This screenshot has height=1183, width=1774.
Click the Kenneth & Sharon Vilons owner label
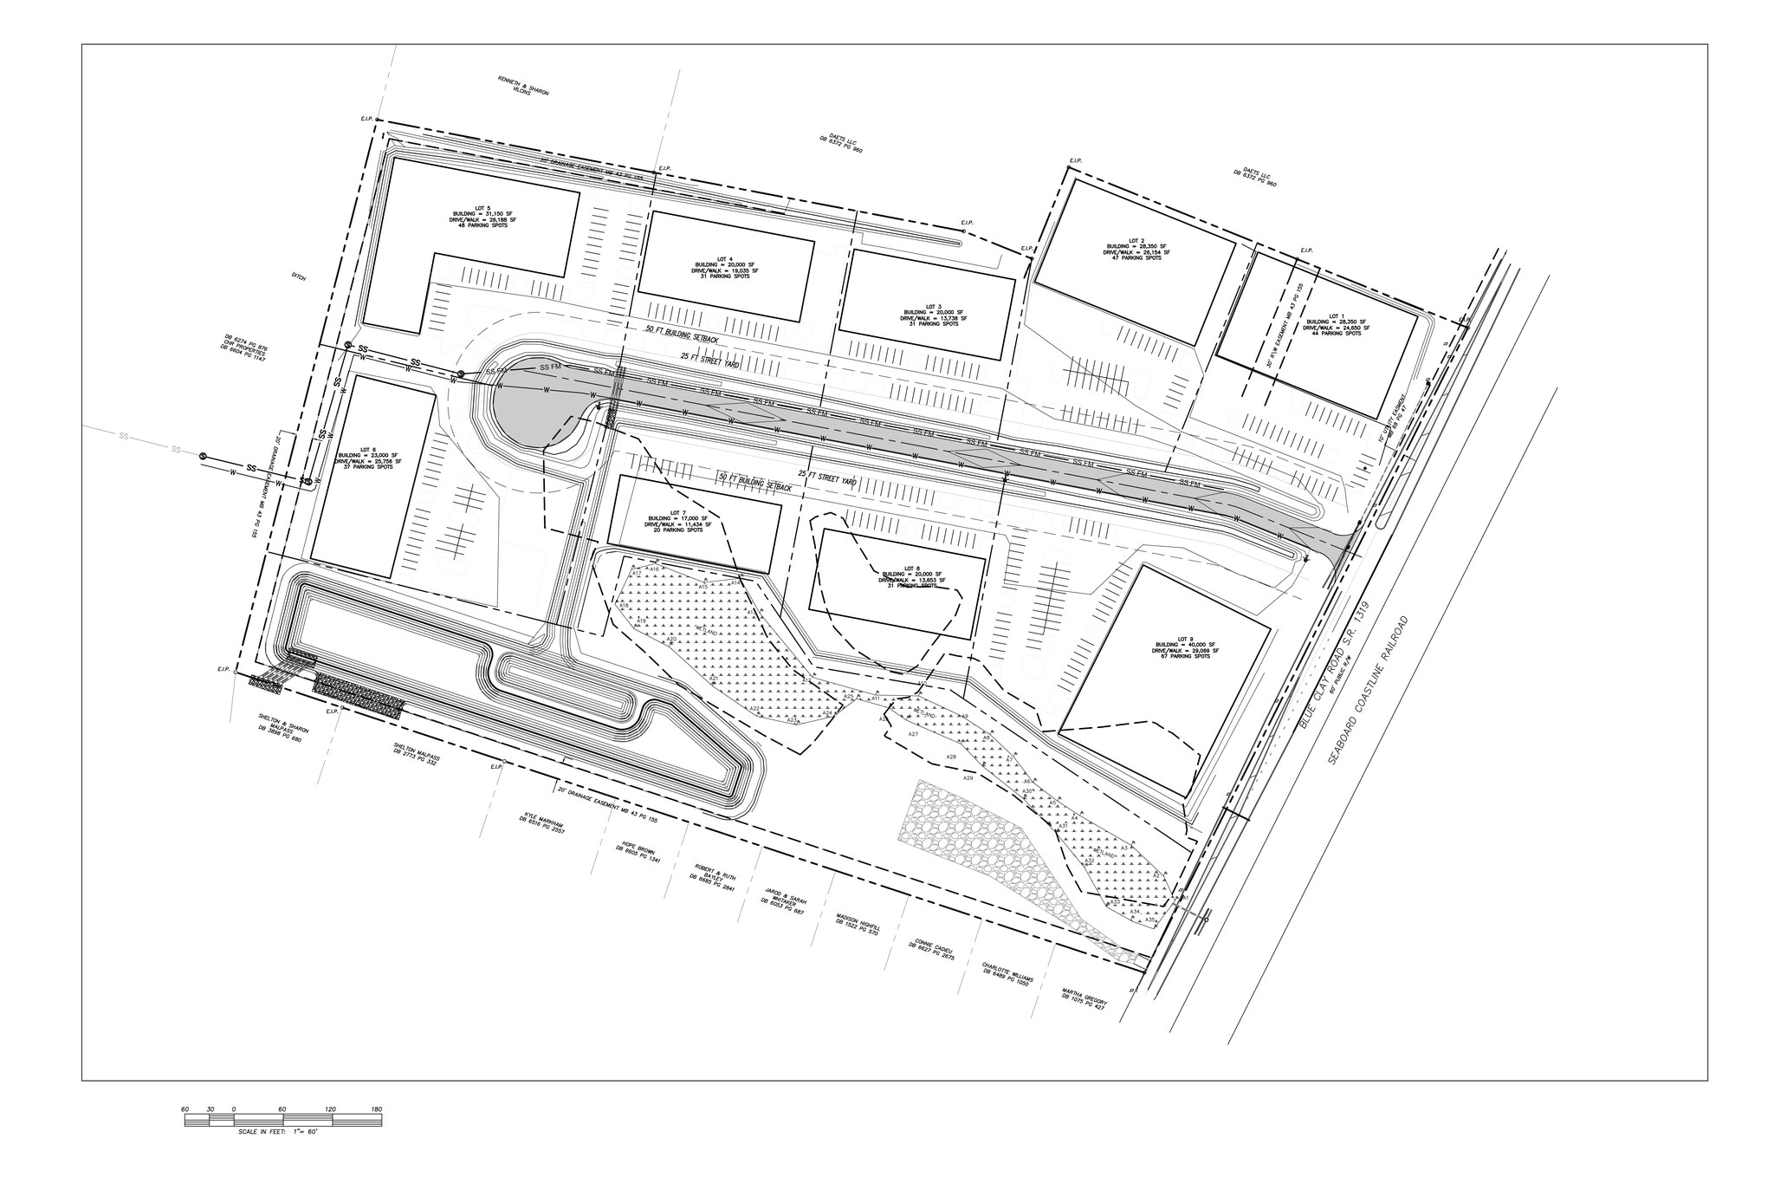click(522, 86)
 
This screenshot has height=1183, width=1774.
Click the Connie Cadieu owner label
click(931, 958)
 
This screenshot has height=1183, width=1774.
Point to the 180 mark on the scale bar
click(376, 1109)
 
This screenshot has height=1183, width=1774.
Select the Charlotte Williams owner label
click(1007, 980)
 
